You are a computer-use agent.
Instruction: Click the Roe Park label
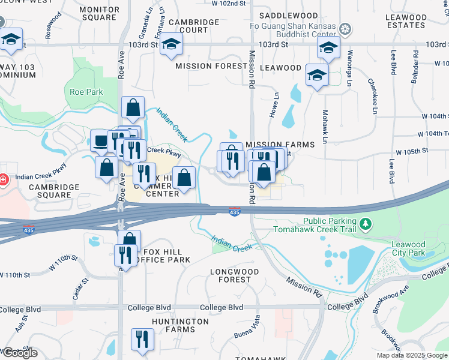[86, 92]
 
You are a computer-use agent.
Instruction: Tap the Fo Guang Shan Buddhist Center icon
[345, 28]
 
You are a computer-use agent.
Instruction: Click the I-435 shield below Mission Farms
[235, 212]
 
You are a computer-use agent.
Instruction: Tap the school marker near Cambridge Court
[171, 45]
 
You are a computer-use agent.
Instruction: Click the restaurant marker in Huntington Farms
[142, 340]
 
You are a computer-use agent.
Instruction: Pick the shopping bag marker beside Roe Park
[133, 108]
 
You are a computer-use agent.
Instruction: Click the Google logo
[19, 353]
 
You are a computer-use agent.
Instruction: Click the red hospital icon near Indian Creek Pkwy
[3, 179]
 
